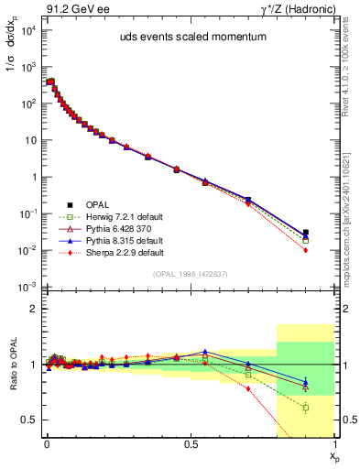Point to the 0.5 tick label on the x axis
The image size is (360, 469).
coord(190,442)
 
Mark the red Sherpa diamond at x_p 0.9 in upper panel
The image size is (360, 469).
coord(305,250)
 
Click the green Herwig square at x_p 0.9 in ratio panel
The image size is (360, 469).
coord(305,408)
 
